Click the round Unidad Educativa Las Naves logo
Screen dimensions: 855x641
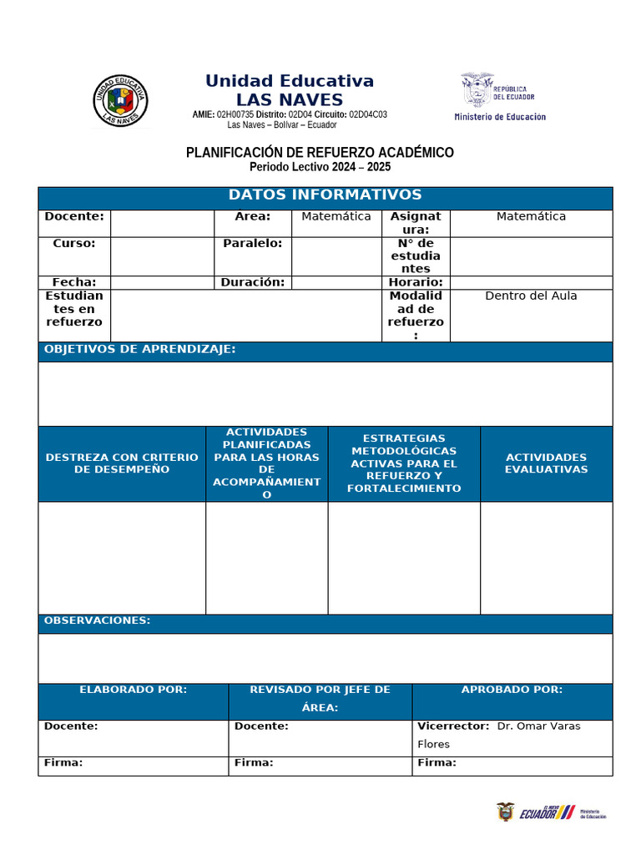[120, 101]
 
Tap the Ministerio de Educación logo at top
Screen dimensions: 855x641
[499, 97]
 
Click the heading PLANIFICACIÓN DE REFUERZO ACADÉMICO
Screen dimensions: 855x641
[320, 153]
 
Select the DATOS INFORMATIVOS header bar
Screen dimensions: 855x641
[325, 195]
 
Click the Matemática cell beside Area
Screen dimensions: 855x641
[336, 217]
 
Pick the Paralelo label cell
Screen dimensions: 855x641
[252, 244]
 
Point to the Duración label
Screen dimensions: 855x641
[252, 282]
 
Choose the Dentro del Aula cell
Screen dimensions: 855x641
[531, 296]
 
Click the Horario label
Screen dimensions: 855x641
[415, 282]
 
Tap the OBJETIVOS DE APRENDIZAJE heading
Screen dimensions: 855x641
[139, 349]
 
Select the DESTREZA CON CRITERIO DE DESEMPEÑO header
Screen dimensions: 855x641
[122, 463]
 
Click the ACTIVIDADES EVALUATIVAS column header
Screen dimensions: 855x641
[546, 463]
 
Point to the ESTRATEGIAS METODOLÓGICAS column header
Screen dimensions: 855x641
[403, 463]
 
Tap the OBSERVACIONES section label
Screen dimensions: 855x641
[97, 620]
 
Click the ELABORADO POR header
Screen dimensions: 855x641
[133, 690]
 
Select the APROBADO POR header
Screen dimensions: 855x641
[512, 690]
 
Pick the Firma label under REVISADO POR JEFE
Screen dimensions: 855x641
[254, 762]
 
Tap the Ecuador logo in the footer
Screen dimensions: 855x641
[547, 812]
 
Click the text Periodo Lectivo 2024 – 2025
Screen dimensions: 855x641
[320, 167]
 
